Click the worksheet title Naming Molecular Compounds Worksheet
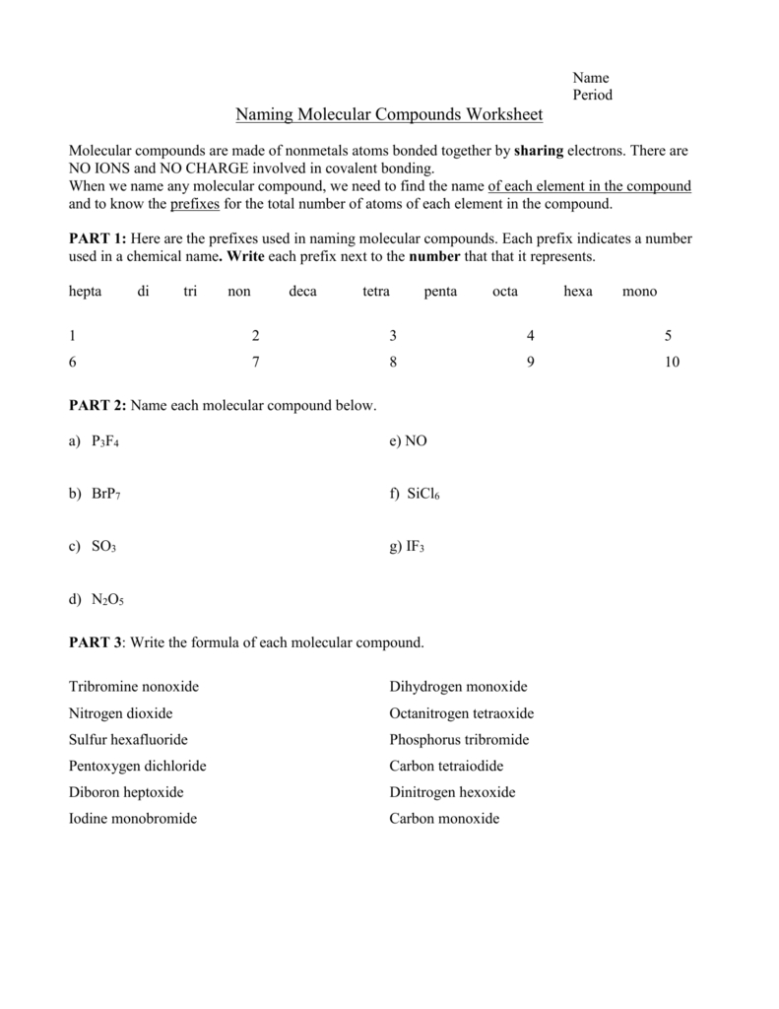pyautogui.click(x=389, y=116)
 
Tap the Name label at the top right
pyautogui.click(x=591, y=78)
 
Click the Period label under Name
pyautogui.click(x=593, y=96)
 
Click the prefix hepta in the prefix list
pyautogui.click(x=86, y=292)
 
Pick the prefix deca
pyautogui.click(x=303, y=292)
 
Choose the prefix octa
pyautogui.click(x=504, y=292)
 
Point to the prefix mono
pyautogui.click(x=639, y=292)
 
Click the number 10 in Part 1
pyautogui.click(x=672, y=362)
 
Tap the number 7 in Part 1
pyautogui.click(x=256, y=362)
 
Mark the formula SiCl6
pyautogui.click(x=422, y=495)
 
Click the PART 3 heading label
pyautogui.click(x=96, y=642)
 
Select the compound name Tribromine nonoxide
pyautogui.click(x=140, y=686)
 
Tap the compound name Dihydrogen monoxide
pyautogui.click(x=458, y=686)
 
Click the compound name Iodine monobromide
pyautogui.click(x=133, y=819)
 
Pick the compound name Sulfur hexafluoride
pyautogui.click(x=128, y=739)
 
